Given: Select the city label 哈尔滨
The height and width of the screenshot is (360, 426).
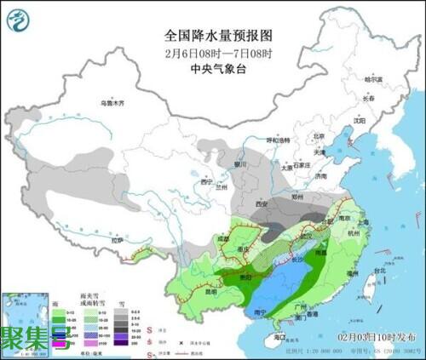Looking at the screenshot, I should coord(374,79).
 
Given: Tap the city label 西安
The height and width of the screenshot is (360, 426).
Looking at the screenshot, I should coord(261,204).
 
